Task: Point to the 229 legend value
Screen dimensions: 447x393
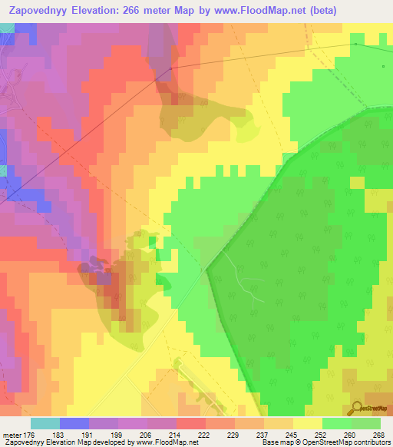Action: click(233, 435)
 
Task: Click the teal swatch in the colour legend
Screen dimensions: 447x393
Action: click(45, 423)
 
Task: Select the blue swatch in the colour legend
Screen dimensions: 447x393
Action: click(74, 423)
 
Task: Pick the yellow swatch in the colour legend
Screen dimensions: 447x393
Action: click(307, 423)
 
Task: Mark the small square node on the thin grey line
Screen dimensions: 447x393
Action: click(355, 44)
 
